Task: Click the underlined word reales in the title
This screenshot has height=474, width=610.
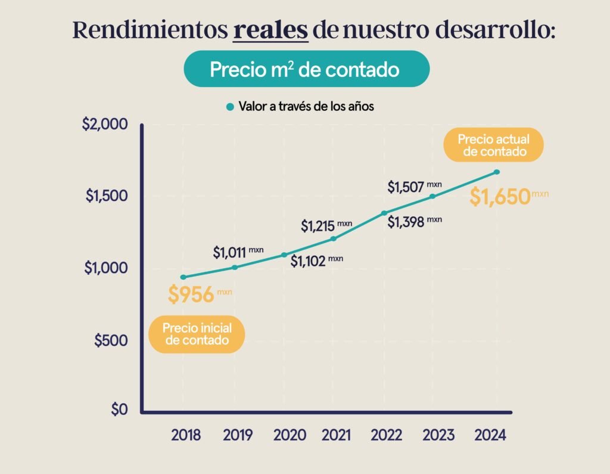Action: pyautogui.click(x=270, y=30)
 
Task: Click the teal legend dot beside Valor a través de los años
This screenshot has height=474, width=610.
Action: pyautogui.click(x=230, y=107)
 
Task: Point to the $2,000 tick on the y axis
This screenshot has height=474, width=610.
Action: pyautogui.click(x=105, y=125)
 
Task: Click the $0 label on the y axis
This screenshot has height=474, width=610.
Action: pyautogui.click(x=119, y=410)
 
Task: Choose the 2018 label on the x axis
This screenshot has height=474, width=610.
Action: pyautogui.click(x=186, y=435)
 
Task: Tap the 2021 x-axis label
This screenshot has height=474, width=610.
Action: pyautogui.click(x=336, y=435)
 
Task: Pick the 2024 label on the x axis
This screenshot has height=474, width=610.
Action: pyautogui.click(x=490, y=435)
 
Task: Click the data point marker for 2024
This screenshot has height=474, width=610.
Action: pyautogui.click(x=497, y=172)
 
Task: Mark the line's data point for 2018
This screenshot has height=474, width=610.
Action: pyautogui.click(x=183, y=277)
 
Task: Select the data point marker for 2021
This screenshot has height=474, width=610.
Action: pyautogui.click(x=333, y=239)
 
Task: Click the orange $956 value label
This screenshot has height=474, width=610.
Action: pyautogui.click(x=191, y=295)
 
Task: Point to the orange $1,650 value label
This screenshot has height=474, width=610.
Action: pyautogui.click(x=500, y=196)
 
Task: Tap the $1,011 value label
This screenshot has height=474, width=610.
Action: pyautogui.click(x=229, y=252)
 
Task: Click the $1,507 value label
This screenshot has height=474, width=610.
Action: pyautogui.click(x=406, y=187)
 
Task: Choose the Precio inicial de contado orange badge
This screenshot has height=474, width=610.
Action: pyautogui.click(x=196, y=334)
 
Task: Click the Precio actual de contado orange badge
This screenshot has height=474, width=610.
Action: pyautogui.click(x=494, y=145)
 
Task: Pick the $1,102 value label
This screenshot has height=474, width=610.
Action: pyautogui.click(x=308, y=261)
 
